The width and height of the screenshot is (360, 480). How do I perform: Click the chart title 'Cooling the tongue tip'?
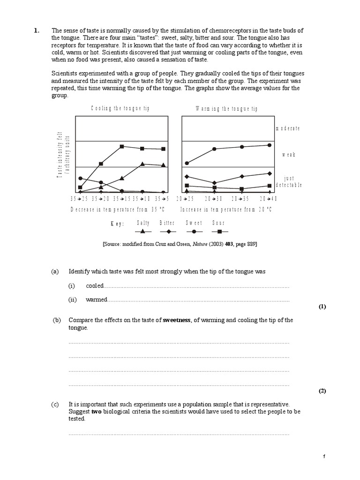point(120,109)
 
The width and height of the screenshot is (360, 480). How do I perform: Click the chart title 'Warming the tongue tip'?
point(226,109)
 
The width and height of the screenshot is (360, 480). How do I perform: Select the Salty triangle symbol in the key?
point(143,231)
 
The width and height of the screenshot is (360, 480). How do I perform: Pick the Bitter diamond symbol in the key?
point(167,231)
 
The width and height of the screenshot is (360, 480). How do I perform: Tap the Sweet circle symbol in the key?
point(194,231)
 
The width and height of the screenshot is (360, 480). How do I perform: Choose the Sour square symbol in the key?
point(219,231)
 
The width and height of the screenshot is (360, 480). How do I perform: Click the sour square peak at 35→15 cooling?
point(122,146)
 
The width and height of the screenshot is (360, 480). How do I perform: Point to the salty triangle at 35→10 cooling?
point(142,164)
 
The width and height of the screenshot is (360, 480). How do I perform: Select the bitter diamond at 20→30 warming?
point(214,183)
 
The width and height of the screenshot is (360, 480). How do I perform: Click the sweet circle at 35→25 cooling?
point(81,178)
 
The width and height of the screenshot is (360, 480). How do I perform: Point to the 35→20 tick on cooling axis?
point(100,199)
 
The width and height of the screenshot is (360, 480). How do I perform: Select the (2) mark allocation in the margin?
point(322,391)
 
